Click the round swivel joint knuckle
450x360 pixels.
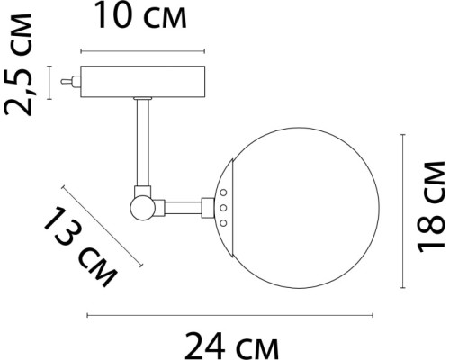142,208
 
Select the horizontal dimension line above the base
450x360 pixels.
144,49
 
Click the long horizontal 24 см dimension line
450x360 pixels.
229,315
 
